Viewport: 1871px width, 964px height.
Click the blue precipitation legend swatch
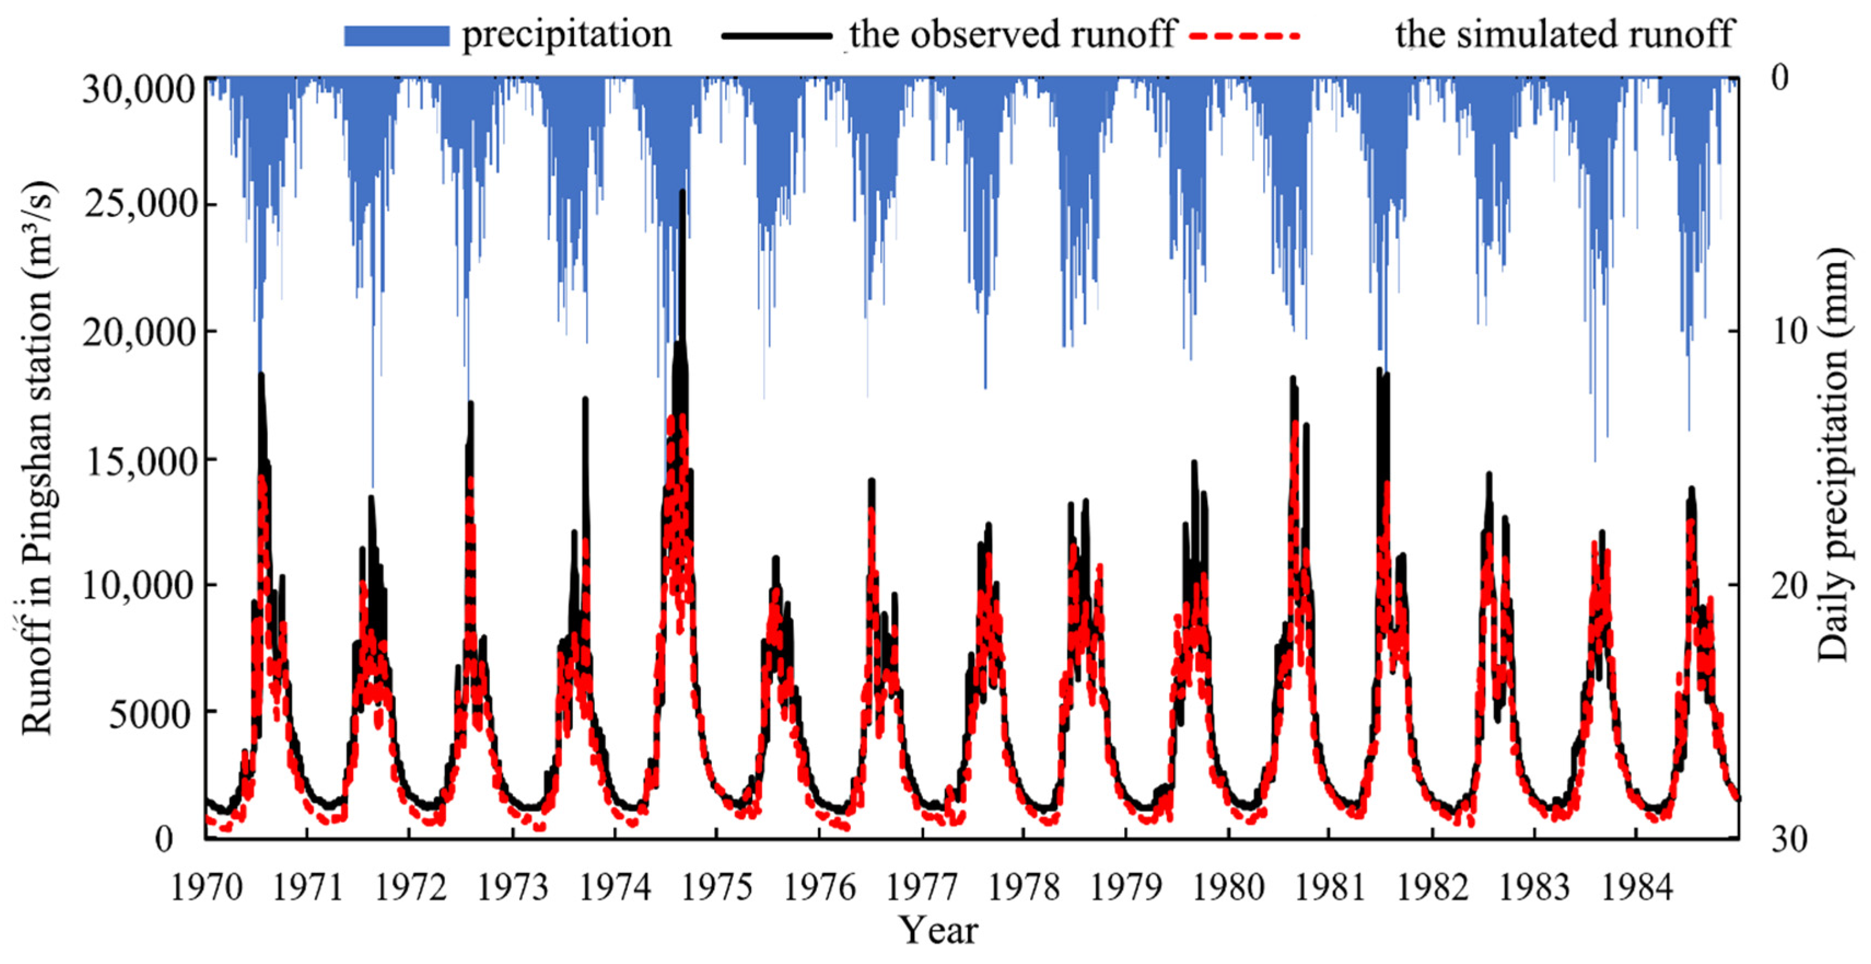tap(396, 36)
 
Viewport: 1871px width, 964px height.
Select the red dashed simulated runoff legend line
tap(1244, 35)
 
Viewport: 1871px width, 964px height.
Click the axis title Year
tap(938, 931)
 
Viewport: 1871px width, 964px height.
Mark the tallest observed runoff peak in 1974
tap(682, 192)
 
